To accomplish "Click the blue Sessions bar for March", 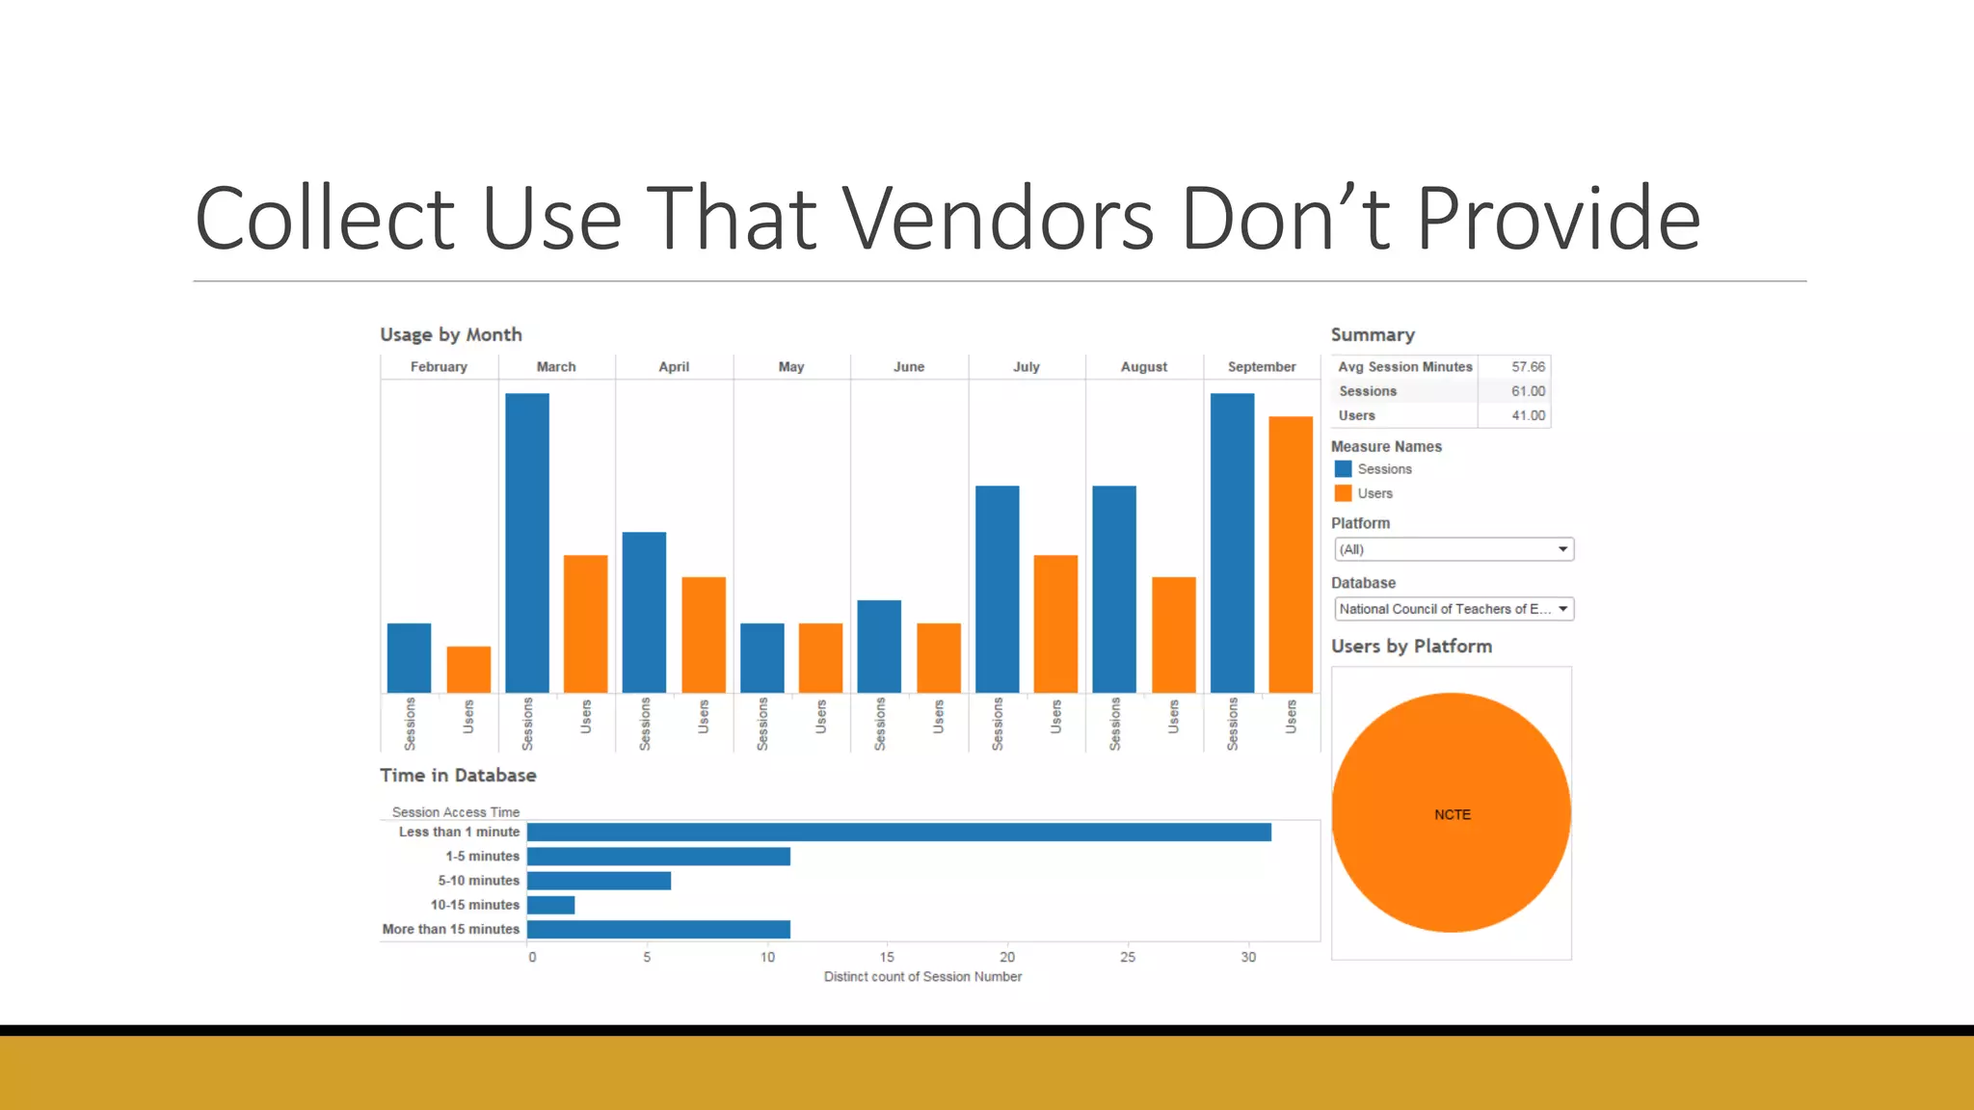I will [x=527, y=542].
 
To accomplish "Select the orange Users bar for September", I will [x=1291, y=554].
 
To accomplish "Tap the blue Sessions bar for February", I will [x=409, y=658].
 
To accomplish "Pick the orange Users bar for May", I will [x=820, y=658].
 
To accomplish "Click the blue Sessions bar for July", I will [x=997, y=589].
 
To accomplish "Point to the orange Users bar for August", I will [x=1173, y=635].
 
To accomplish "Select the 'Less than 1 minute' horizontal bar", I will [x=898, y=832].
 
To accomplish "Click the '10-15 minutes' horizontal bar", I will [x=551, y=905].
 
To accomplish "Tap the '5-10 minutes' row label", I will [x=478, y=881].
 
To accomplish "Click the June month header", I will [x=908, y=367].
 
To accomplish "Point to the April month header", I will [x=674, y=367].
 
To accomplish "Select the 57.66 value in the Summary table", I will [x=1528, y=367].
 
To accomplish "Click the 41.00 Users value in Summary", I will [x=1528, y=415].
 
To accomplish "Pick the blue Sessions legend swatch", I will [x=1343, y=469].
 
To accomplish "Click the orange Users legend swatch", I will [x=1343, y=493].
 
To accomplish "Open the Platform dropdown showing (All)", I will [x=1454, y=549].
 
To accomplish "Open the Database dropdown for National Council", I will [x=1454, y=609].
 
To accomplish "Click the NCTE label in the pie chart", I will [x=1452, y=814].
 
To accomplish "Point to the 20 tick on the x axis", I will [x=1007, y=957].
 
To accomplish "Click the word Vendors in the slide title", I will [x=998, y=219].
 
